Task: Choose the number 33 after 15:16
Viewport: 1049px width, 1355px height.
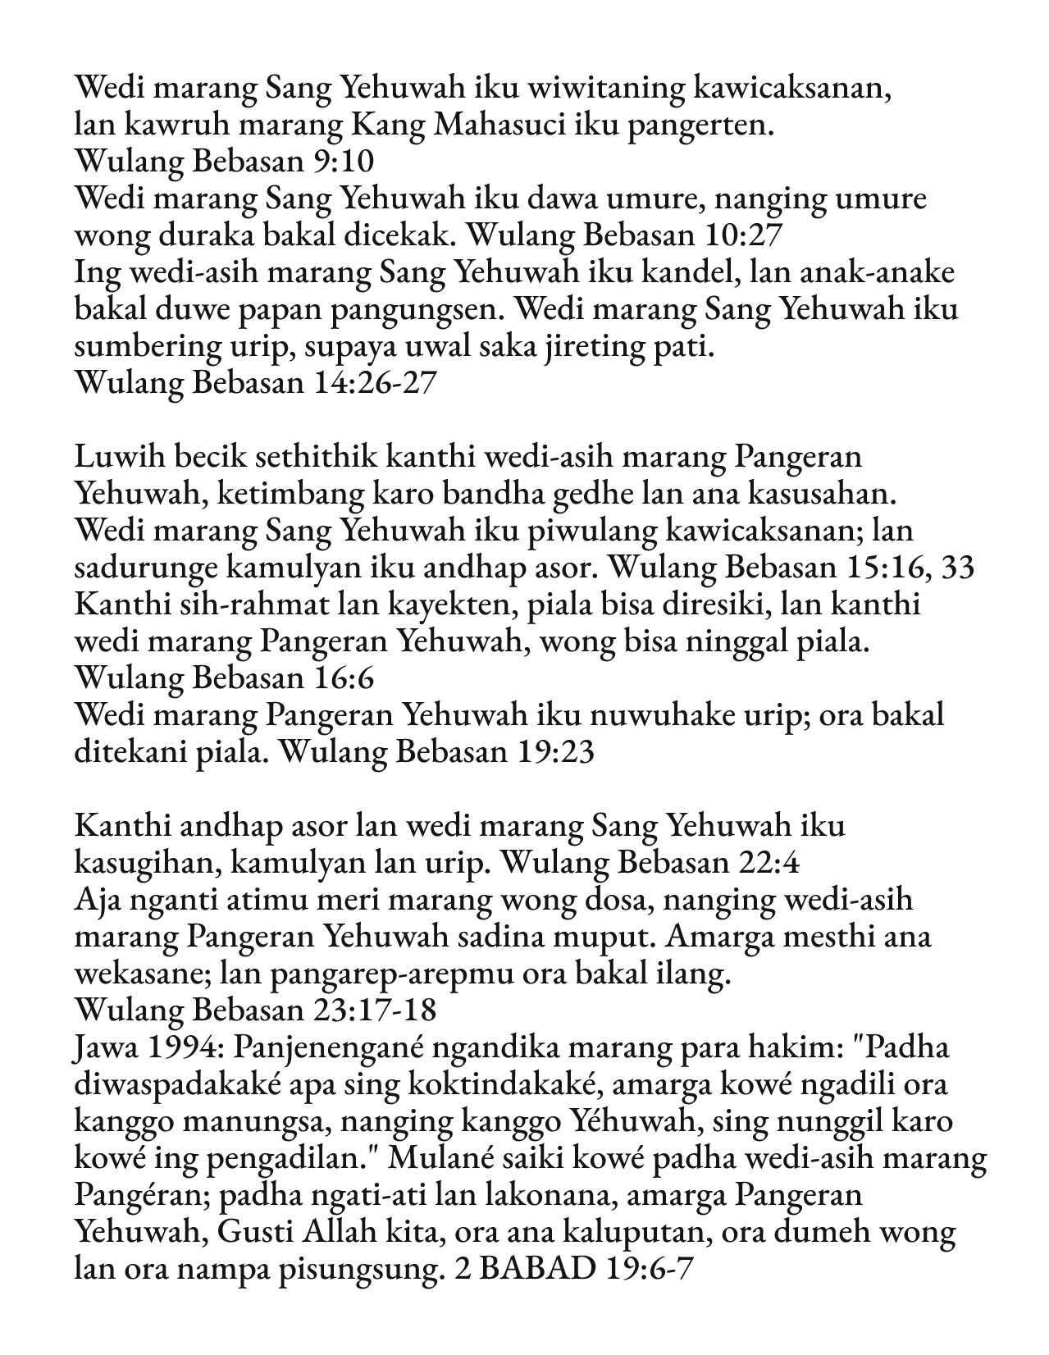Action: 957,568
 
